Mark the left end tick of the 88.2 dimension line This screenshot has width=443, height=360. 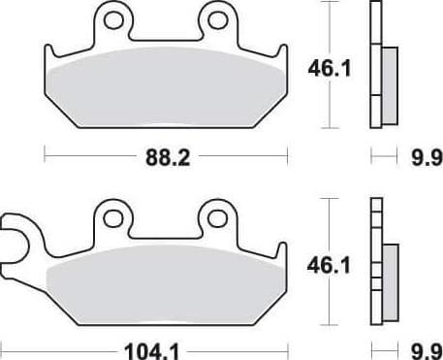(44, 153)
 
